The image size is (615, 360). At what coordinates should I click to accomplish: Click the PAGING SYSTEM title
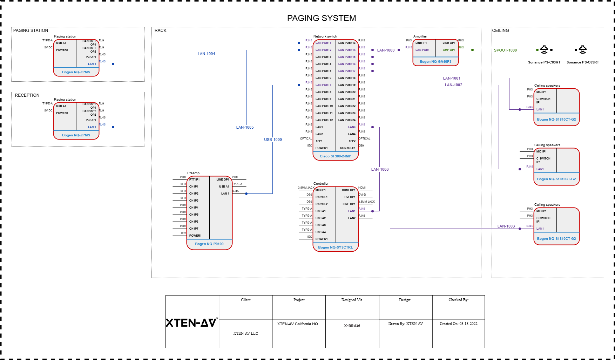[x=321, y=18]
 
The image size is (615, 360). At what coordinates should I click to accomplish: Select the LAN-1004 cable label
[x=206, y=54]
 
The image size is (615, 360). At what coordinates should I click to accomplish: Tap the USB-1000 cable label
[x=273, y=140]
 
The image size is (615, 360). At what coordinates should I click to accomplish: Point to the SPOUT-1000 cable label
[x=505, y=50]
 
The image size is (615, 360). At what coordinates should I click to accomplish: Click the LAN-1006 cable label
[x=380, y=169]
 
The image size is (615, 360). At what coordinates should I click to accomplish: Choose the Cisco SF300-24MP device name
[x=335, y=156]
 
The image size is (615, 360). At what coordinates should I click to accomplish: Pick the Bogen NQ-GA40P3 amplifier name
[x=435, y=62]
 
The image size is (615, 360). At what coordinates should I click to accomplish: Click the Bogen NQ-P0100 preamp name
[x=209, y=244]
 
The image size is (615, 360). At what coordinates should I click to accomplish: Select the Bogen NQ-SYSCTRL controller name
[x=335, y=247]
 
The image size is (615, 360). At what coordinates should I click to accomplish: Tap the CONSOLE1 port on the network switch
[x=347, y=148]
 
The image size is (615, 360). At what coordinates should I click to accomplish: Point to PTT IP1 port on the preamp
[x=194, y=179]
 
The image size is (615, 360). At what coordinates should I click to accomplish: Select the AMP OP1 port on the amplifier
[x=449, y=50]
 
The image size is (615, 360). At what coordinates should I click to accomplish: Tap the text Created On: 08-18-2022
[x=458, y=324]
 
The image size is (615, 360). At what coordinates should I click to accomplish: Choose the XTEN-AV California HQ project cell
[x=297, y=324]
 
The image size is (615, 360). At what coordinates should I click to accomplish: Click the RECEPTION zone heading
[x=27, y=95]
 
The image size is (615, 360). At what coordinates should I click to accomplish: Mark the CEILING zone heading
[x=500, y=30]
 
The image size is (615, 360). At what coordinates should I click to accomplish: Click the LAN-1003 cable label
[x=506, y=226]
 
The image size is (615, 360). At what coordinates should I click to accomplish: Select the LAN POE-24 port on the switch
[x=347, y=120]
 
